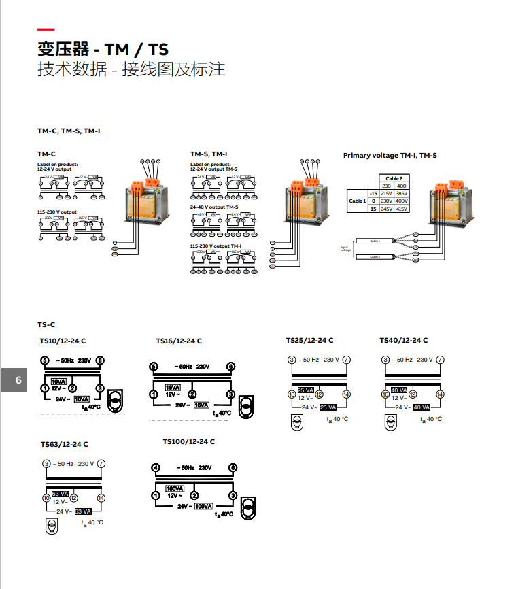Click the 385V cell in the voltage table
[402, 193]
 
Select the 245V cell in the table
[386, 209]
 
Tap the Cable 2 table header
[394, 178]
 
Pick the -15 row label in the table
[373, 193]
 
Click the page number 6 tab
[18, 380]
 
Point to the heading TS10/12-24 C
[63, 341]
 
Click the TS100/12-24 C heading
[188, 441]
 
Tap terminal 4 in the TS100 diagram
[156, 468]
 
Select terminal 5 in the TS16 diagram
[154, 366]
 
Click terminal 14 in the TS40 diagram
[440, 394]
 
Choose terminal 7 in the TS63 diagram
[101, 464]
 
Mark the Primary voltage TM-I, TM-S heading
[390, 156]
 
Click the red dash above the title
[46, 30]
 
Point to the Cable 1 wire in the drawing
[375, 241]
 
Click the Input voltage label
[345, 248]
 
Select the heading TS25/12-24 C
[309, 341]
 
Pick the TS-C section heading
[46, 325]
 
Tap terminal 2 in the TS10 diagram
[72, 388]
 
